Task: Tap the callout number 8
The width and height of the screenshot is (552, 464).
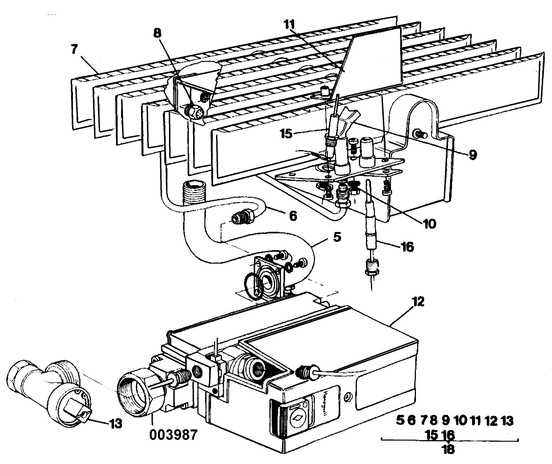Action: tap(157, 33)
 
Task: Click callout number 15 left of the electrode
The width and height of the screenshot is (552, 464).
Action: tap(286, 134)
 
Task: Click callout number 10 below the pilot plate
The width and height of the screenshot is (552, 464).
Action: tap(429, 224)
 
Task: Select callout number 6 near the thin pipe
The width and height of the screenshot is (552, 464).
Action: tap(293, 216)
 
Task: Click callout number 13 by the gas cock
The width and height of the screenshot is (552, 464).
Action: tap(116, 424)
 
